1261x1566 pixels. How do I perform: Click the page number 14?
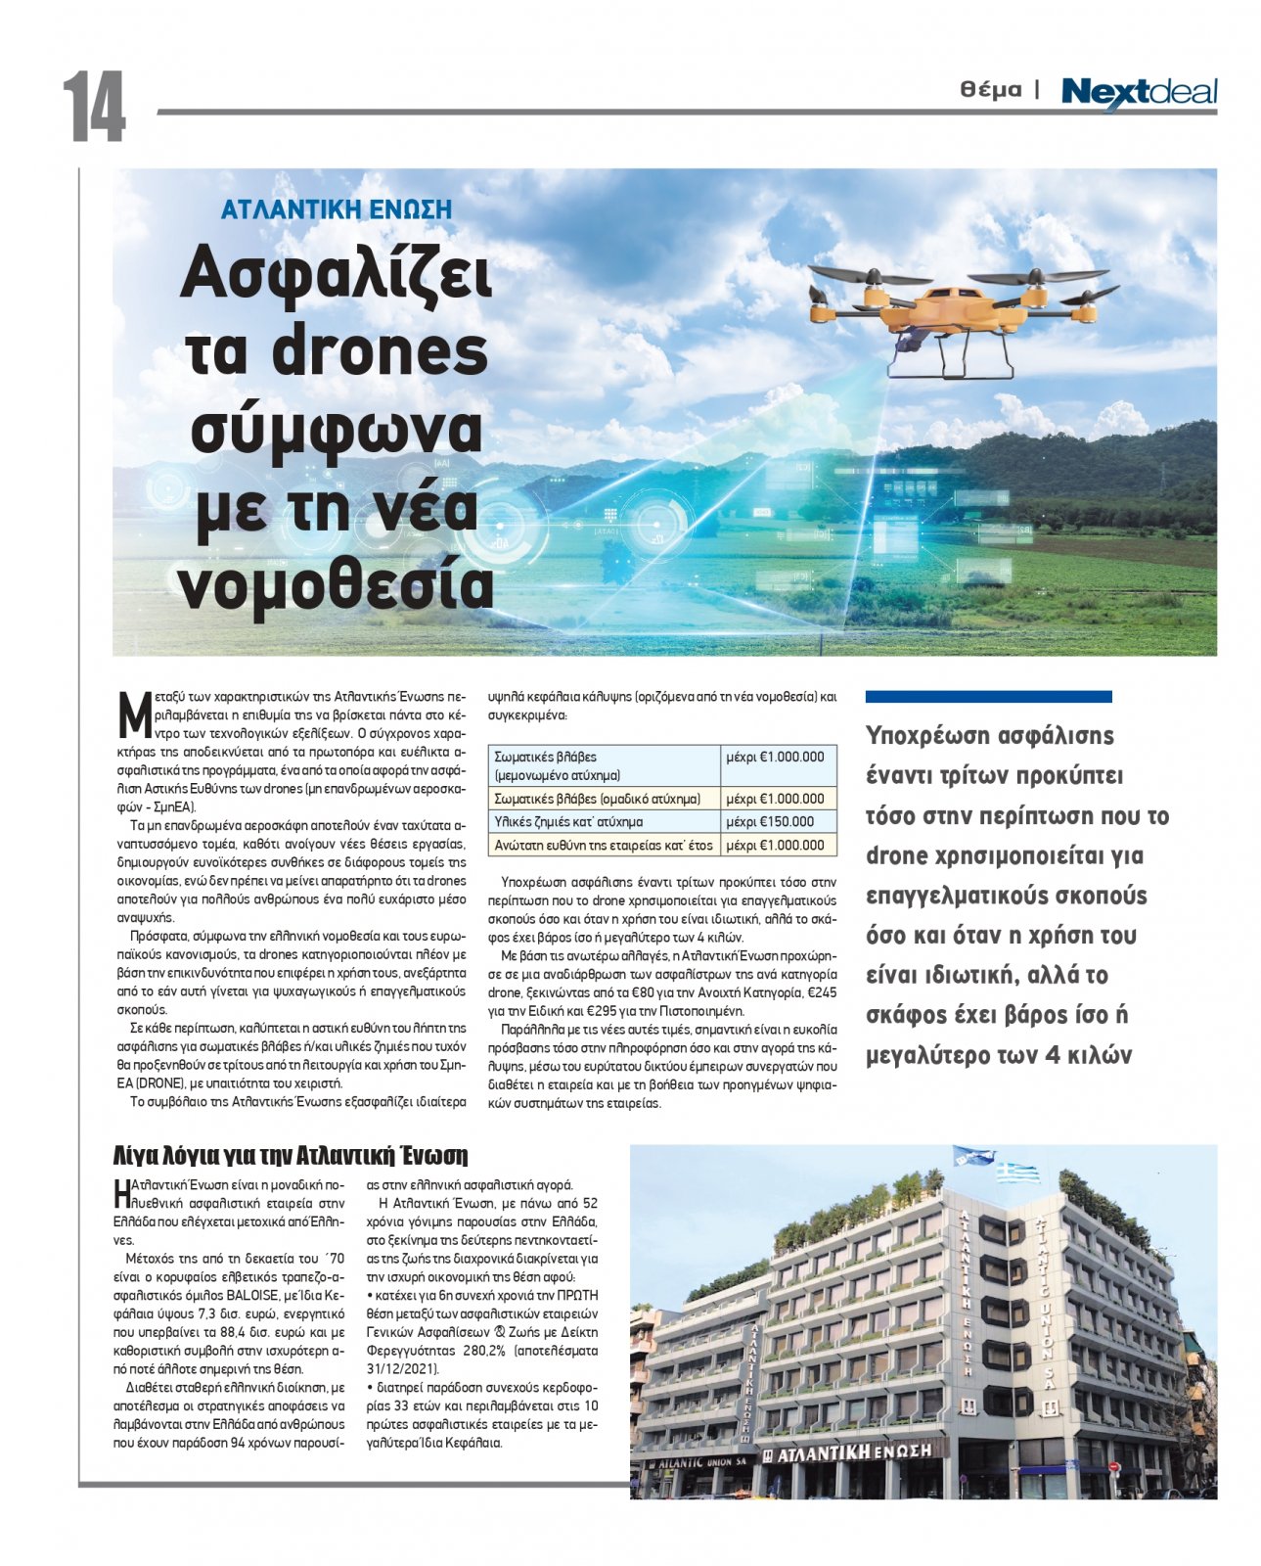coord(94,108)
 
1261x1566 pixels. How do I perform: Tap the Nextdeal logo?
coord(1139,93)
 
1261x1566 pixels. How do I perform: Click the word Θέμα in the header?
coord(990,90)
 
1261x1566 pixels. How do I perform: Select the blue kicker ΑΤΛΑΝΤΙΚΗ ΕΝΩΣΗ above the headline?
coord(337,209)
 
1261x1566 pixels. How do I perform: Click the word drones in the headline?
coord(380,352)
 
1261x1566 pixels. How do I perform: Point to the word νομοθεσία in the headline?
coord(336,584)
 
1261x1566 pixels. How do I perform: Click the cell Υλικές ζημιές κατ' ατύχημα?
coord(568,822)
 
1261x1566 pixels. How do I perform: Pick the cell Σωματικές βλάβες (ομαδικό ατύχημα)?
coord(597,799)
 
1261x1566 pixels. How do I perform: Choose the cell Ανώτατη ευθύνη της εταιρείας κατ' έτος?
coord(604,845)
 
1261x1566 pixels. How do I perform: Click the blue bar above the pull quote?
coord(988,697)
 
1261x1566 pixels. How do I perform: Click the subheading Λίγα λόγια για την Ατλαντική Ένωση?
coord(291,1156)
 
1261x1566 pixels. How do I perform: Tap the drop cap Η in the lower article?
coord(121,1192)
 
